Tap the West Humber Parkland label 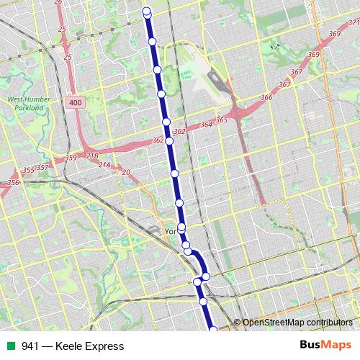(x=25, y=104)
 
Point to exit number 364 (x=207, y=125)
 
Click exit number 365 (x=221, y=120)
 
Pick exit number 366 (x=267, y=97)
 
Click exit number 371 (x=354, y=23)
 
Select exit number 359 (x=71, y=158)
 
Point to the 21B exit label (x=92, y=156)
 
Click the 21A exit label (x=105, y=165)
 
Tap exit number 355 (x=27, y=171)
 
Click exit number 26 (x=58, y=2)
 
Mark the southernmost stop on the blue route (x=212, y=330)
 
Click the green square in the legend (x=9, y=346)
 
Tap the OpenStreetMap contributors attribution (x=297, y=323)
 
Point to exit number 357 (x=42, y=167)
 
